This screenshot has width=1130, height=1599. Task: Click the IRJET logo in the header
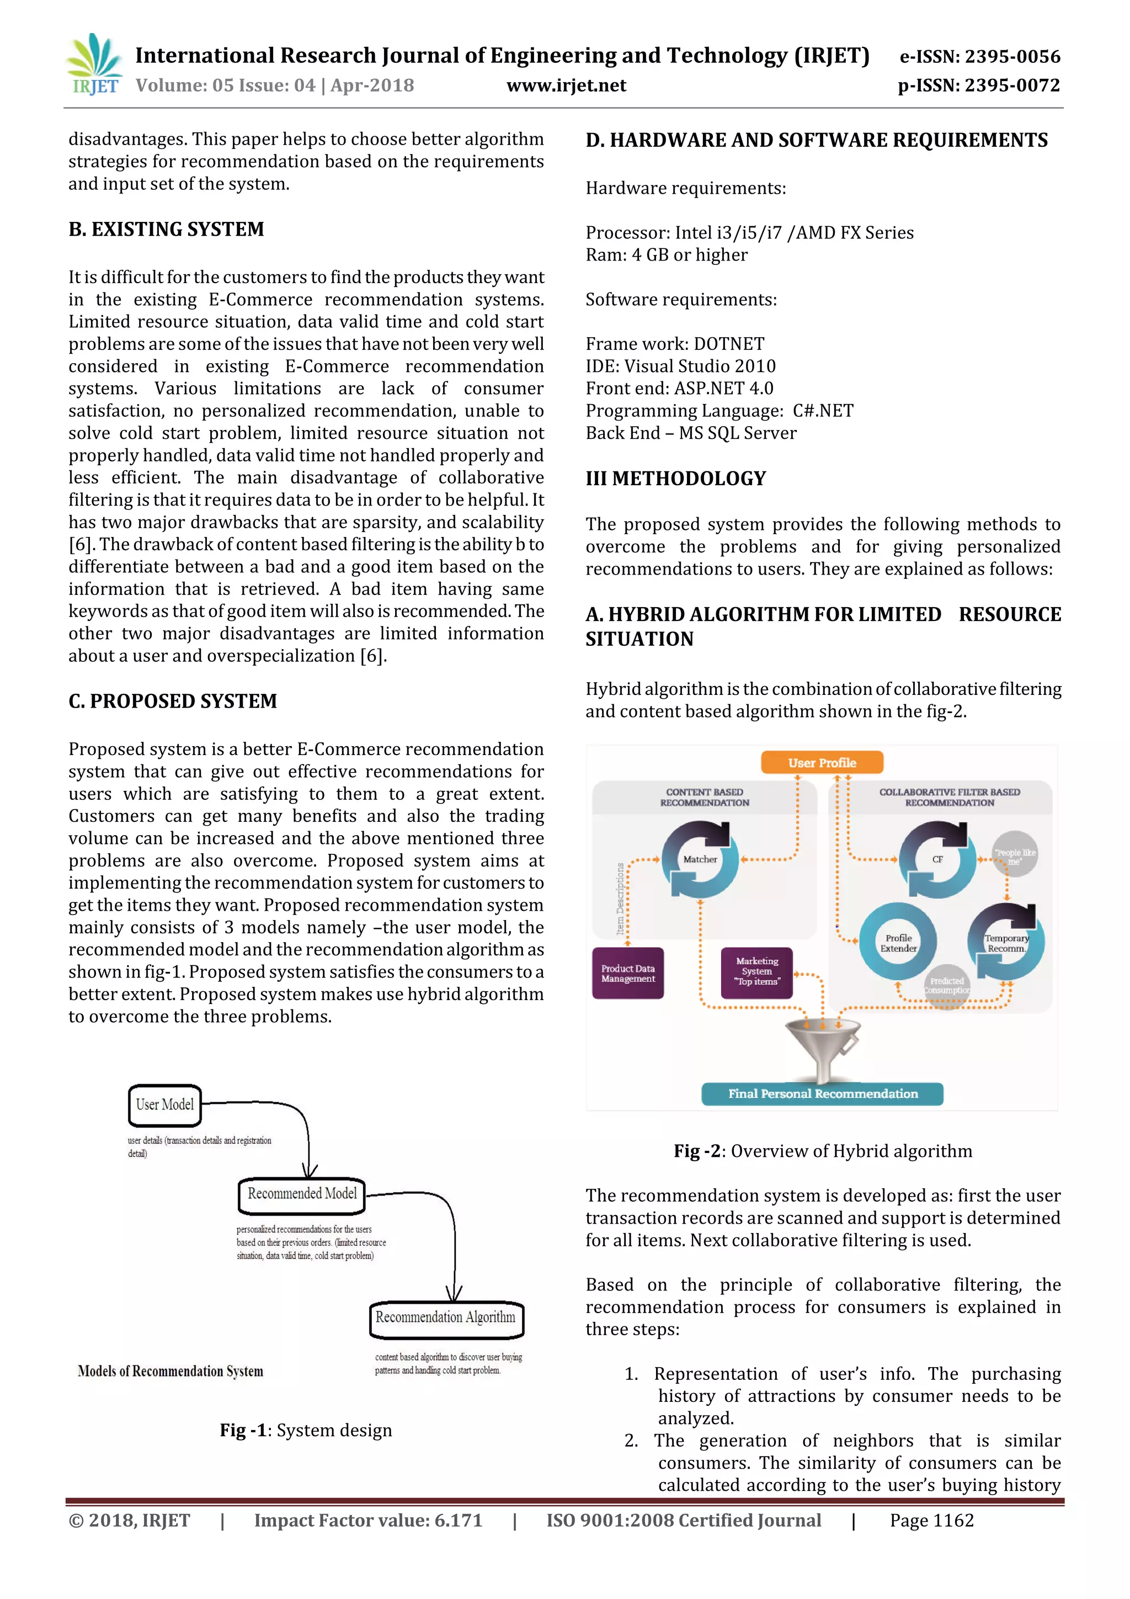(94, 65)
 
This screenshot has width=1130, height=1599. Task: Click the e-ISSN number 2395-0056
(979, 56)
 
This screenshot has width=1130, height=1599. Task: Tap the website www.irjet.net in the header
(566, 86)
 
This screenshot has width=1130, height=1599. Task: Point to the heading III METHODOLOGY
(675, 479)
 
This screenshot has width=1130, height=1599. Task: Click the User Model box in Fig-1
(165, 1104)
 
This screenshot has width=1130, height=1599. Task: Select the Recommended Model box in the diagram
(302, 1194)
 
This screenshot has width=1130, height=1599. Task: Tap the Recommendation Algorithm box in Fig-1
(446, 1318)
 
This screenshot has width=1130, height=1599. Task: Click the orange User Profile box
(822, 763)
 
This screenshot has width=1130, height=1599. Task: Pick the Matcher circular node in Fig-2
(700, 859)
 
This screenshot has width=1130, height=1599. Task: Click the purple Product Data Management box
(627, 974)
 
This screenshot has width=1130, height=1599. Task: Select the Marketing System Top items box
(757, 971)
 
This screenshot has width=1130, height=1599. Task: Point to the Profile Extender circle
(898, 943)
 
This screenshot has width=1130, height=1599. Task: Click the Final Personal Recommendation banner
(822, 1094)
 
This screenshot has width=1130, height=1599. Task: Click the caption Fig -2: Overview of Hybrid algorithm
(822, 1150)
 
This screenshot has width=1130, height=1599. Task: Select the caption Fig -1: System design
(306, 1430)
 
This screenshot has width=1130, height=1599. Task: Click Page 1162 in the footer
(931, 1520)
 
